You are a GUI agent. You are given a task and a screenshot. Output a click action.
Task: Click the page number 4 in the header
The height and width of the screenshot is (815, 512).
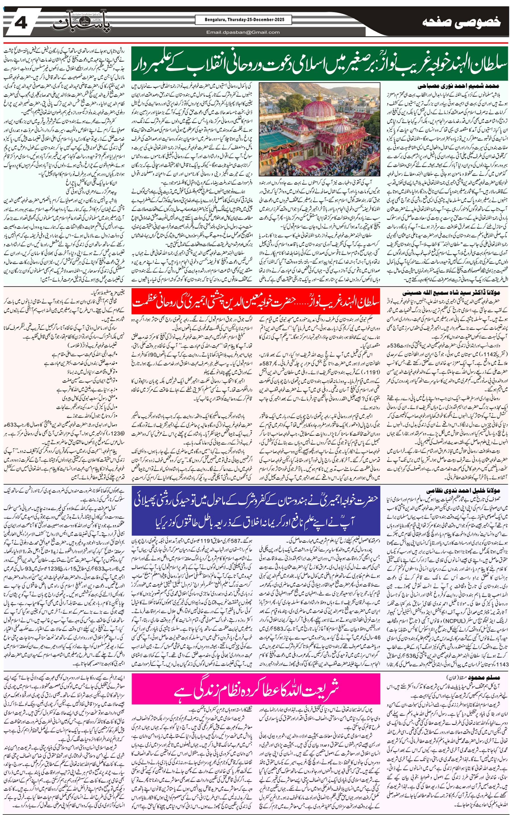(21, 23)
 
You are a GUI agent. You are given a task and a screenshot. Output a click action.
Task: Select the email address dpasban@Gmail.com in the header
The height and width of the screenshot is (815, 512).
(243, 32)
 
